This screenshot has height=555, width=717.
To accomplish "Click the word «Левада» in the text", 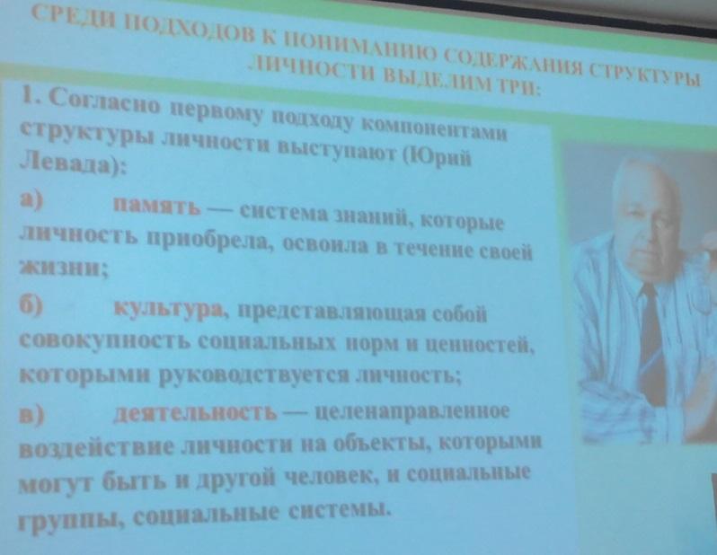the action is pyautogui.click(x=68, y=163).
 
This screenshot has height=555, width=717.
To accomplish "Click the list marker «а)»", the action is pyautogui.click(x=31, y=199).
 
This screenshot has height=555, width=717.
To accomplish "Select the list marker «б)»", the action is pyautogui.click(x=31, y=304).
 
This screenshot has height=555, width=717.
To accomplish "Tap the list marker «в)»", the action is pyautogui.click(x=31, y=415).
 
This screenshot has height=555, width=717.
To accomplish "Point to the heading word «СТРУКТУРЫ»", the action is pyautogui.click(x=644, y=75).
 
